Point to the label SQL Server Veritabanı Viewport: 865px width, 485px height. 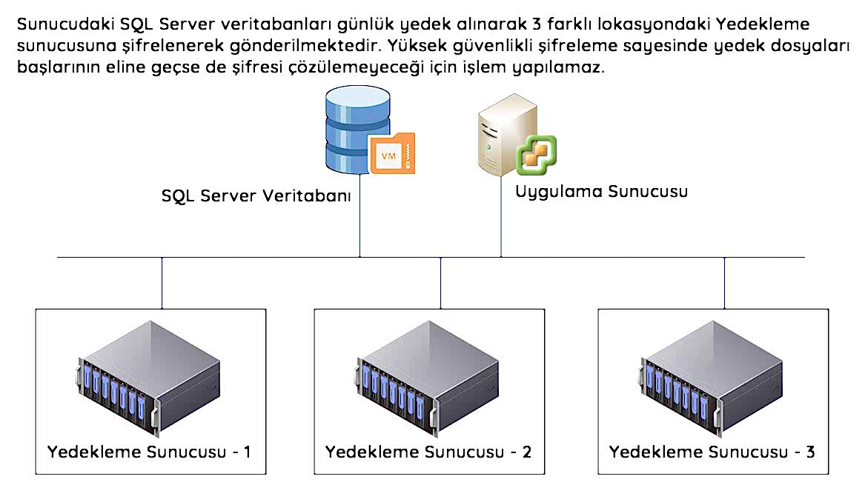(256, 197)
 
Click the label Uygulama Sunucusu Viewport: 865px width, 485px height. (601, 191)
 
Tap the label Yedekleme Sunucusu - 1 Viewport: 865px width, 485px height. (150, 452)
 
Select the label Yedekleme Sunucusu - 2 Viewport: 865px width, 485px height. (428, 452)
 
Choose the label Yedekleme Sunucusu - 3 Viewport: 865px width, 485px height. (712, 452)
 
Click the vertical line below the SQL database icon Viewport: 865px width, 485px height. (360, 215)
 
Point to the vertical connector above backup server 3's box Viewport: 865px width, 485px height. (725, 283)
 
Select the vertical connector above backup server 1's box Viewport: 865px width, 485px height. (162, 283)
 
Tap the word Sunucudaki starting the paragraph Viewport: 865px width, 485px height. (58, 24)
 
